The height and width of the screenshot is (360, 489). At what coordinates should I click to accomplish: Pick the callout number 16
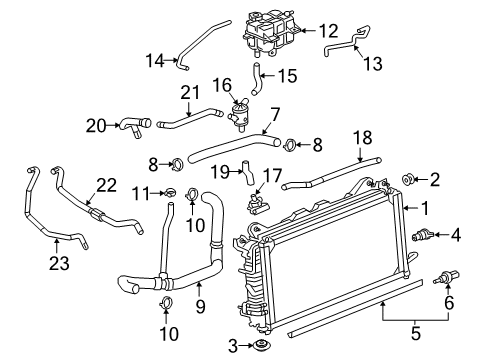pos(223,84)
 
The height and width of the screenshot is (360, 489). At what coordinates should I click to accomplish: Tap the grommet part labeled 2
pos(409,179)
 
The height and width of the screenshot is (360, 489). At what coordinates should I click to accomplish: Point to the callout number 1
pos(426,210)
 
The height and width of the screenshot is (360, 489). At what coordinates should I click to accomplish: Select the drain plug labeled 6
pos(441,277)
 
